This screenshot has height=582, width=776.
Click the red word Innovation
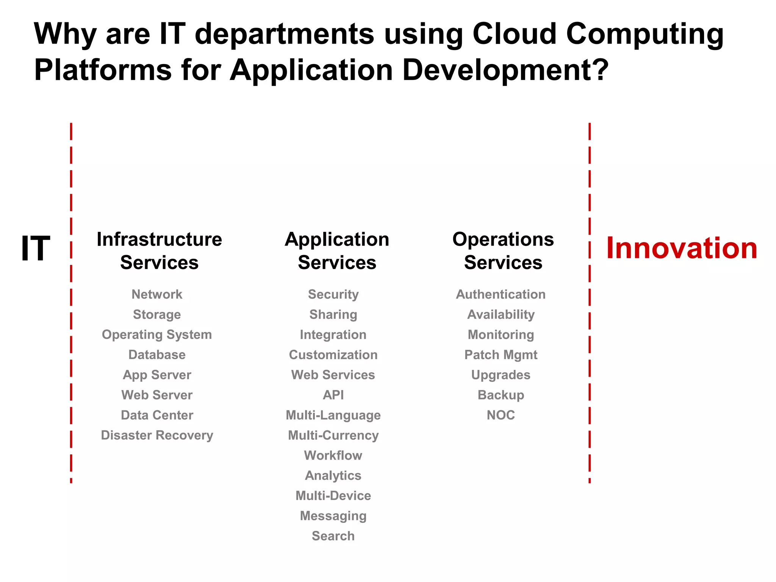click(x=682, y=248)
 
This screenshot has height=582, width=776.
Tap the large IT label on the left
click(x=35, y=248)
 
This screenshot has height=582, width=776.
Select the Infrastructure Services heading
click(x=159, y=251)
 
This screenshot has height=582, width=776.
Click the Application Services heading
click(x=337, y=251)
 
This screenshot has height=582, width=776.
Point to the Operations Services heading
click(x=503, y=251)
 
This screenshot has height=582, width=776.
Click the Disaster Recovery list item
click(x=157, y=435)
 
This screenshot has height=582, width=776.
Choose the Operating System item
click(x=157, y=335)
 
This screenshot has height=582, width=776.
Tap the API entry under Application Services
click(x=333, y=395)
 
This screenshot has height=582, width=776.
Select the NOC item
click(x=501, y=415)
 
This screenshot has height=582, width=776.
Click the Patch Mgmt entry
click(x=501, y=355)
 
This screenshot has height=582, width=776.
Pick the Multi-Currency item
click(x=333, y=435)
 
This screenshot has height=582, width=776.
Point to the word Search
click(x=333, y=536)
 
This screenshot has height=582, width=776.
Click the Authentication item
click(x=501, y=294)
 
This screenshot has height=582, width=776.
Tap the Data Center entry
click(x=157, y=415)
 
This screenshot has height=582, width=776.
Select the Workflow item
click(x=333, y=455)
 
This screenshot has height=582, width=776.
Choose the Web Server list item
click(x=157, y=395)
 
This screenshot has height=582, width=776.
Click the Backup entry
click(x=501, y=395)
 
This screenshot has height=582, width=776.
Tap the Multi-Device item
click(x=333, y=496)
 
